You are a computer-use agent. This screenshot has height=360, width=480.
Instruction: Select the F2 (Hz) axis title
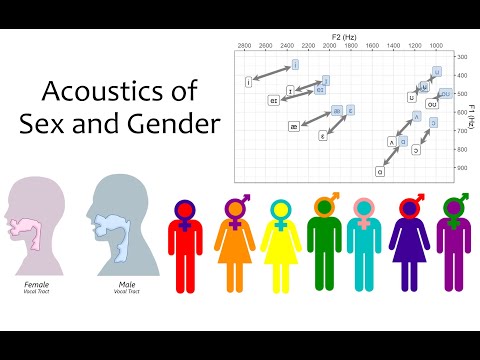[345, 35]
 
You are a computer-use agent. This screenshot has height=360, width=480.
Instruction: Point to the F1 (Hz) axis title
[471, 112]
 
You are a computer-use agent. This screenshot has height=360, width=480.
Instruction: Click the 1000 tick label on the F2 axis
[436, 46]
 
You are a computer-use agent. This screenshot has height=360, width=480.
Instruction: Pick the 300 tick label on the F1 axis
[462, 57]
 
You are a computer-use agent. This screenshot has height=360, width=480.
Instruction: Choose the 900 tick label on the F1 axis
[462, 168]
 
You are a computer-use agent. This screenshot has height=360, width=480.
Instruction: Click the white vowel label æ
[294, 127]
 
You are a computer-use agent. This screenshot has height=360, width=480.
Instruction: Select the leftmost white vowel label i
[247, 81]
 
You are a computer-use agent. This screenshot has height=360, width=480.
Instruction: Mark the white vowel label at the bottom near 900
[380, 171]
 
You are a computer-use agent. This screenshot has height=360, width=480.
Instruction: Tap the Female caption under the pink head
[37, 285]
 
